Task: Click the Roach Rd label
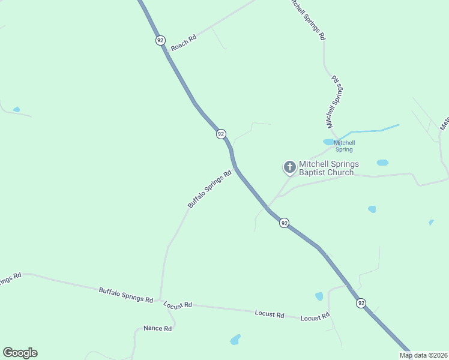coord(184,43)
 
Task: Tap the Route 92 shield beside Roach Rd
coord(160,40)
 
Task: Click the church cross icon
coord(289,167)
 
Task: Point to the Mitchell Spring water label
coord(344,145)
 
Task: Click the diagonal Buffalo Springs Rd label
coord(209,190)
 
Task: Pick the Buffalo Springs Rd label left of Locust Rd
coord(125,295)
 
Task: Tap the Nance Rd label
coord(158,329)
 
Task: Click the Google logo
coord(20,353)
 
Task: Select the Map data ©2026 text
coord(423,355)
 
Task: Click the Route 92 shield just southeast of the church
coord(284,223)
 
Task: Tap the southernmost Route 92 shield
coord(361,303)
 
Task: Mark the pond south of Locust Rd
coord(235,340)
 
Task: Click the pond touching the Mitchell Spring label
coord(328,142)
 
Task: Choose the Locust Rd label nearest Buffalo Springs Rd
coord(178,305)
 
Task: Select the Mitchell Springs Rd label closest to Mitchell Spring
coord(334,101)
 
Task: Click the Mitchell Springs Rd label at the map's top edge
coord(307,20)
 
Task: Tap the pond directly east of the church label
coord(382,163)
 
